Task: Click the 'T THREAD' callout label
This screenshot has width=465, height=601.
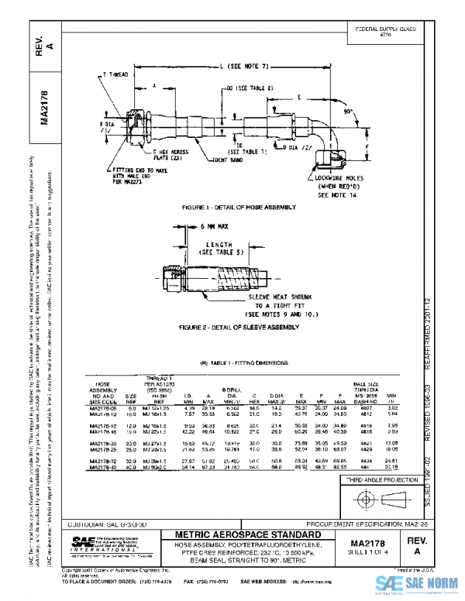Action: click(116, 74)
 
